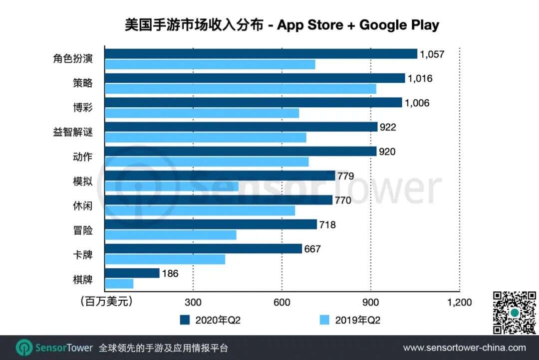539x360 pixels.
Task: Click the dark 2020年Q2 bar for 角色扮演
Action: pyautogui.click(x=261, y=54)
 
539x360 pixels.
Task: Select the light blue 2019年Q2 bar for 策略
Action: pyautogui.click(x=240, y=89)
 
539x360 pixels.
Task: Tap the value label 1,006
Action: pyautogui.click(x=418, y=103)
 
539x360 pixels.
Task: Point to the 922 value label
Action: pyautogui.click(x=387, y=127)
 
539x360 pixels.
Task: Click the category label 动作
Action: pyautogui.click(x=82, y=157)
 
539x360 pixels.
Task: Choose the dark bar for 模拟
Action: pyautogui.click(x=220, y=176)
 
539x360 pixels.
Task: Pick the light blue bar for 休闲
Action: pyautogui.click(x=200, y=210)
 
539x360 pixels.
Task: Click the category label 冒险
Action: pyautogui.click(x=82, y=230)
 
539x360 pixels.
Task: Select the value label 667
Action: pyautogui.click(x=312, y=249)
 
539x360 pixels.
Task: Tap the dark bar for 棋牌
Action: pyautogui.click(x=132, y=273)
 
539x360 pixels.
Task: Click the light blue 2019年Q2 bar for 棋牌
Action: pyautogui.click(x=119, y=284)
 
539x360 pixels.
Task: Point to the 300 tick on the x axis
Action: pyautogui.click(x=193, y=302)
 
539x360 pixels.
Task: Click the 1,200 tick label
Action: pyautogui.click(x=459, y=302)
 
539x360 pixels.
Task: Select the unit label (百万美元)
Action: pyautogui.click(x=106, y=302)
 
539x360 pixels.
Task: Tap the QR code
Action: pyautogui.click(x=514, y=312)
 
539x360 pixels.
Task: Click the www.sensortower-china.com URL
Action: pyautogui.click(x=464, y=348)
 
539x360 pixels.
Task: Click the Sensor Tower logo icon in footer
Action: pyautogui.click(x=24, y=348)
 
